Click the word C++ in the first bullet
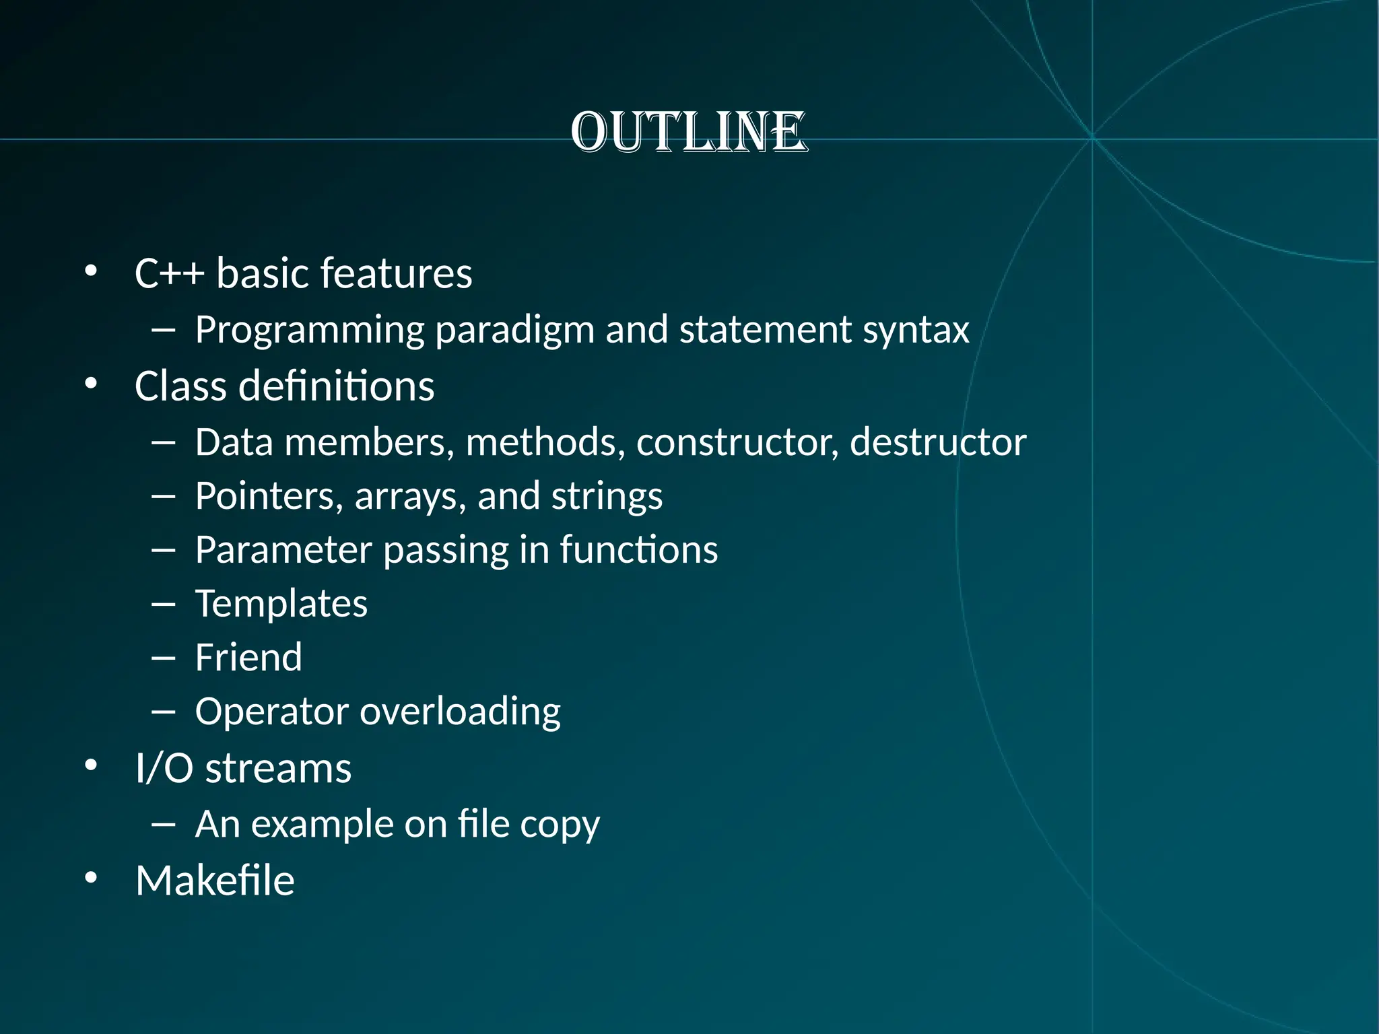point(169,273)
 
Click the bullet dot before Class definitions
point(92,384)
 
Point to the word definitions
point(336,386)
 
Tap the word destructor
point(938,442)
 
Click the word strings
point(607,496)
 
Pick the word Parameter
point(283,550)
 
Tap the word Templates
point(281,604)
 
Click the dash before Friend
point(164,658)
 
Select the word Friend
point(248,658)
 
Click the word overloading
point(460,712)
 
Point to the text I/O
point(164,768)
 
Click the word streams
point(278,768)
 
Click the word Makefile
point(215,881)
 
